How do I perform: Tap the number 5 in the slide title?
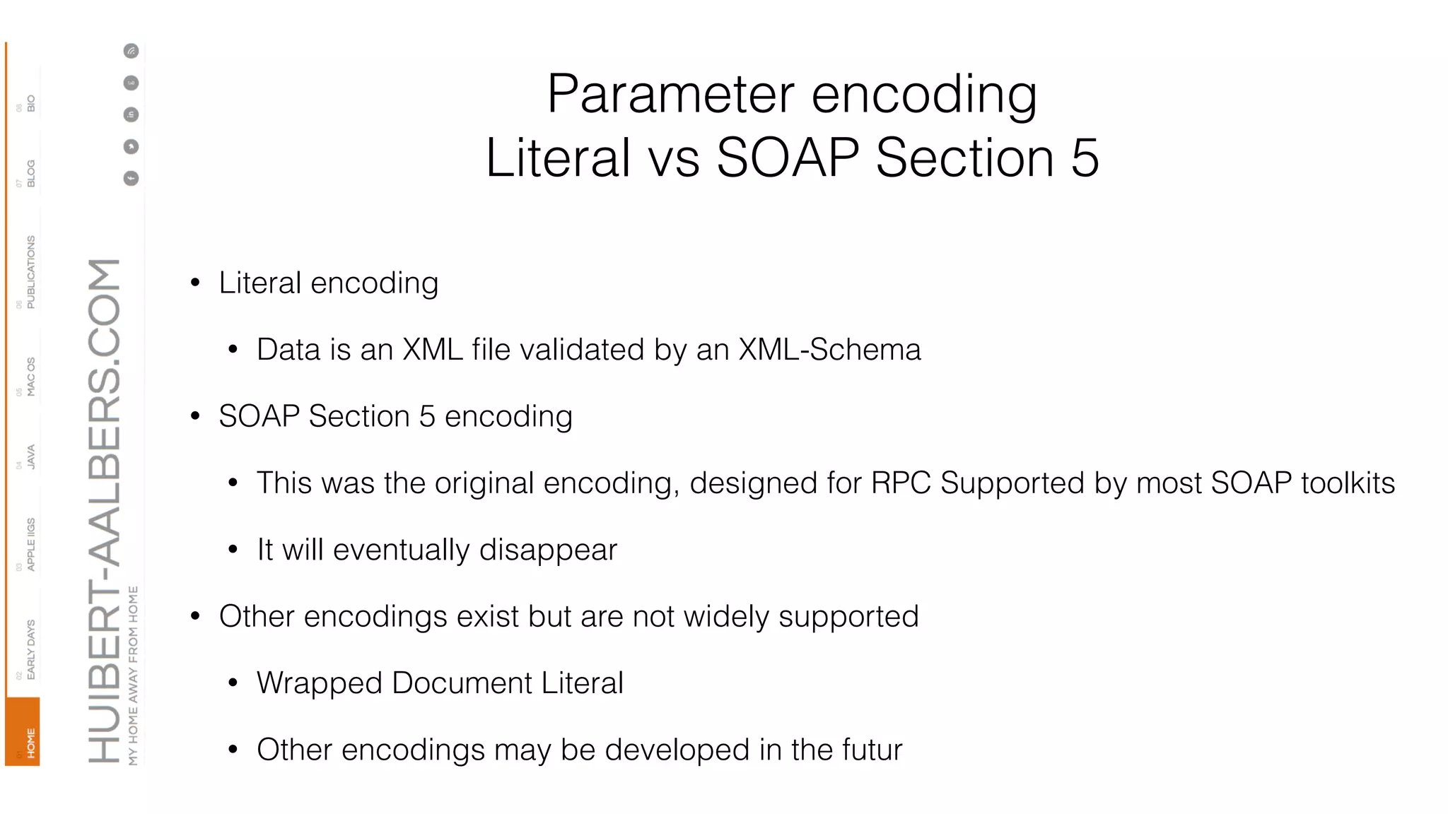click(1085, 158)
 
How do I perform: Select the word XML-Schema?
click(829, 350)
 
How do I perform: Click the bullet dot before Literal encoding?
click(195, 283)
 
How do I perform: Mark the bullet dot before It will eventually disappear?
click(233, 550)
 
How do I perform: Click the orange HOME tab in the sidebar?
click(23, 732)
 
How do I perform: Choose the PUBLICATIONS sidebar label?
click(30, 272)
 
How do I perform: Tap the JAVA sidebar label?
click(30, 456)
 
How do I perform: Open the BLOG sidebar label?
click(30, 173)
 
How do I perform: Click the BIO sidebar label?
click(30, 103)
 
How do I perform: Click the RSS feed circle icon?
click(131, 51)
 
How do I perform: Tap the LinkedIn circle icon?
click(131, 114)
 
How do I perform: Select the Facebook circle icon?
click(131, 178)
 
